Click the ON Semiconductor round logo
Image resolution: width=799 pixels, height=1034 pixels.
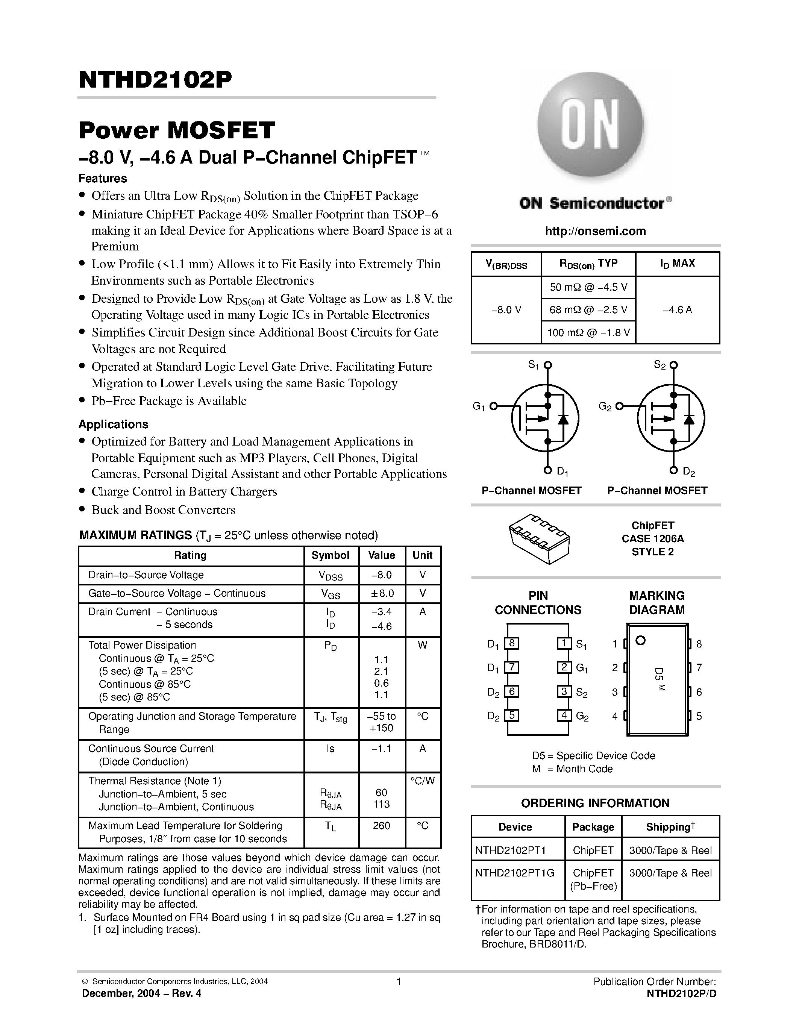[x=590, y=124]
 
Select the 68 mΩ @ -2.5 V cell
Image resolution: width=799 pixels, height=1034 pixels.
[x=588, y=309]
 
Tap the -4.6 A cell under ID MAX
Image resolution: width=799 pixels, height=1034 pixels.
[x=677, y=309]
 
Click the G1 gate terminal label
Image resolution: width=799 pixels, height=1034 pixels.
[x=479, y=406]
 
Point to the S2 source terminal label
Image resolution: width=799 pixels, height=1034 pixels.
[x=660, y=365]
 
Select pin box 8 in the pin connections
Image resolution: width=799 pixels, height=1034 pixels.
[x=511, y=643]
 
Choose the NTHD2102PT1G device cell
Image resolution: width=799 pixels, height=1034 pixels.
[x=514, y=873]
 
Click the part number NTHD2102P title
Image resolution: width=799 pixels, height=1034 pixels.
[x=155, y=80]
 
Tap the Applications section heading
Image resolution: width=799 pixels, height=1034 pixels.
[x=113, y=424]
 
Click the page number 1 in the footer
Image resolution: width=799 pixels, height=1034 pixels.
[x=399, y=981]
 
